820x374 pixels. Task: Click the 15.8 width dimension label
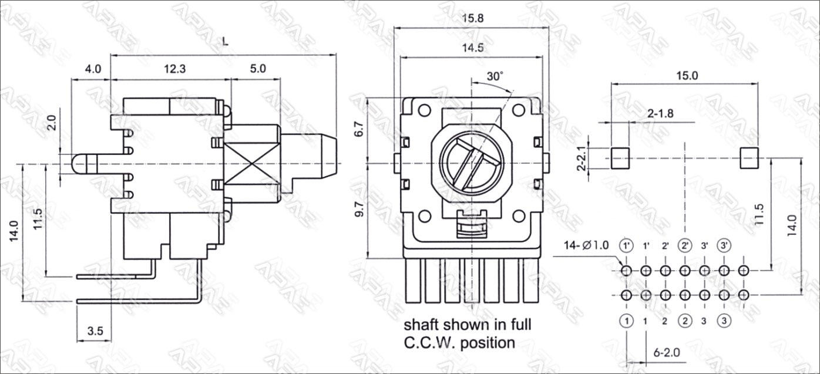pos(473,18)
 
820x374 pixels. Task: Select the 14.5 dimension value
pos(473,48)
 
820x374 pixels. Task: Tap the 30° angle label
pos(495,76)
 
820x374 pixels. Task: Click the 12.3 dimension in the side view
pos(175,69)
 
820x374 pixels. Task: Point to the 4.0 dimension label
pos(93,69)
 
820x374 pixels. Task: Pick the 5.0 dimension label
pos(258,69)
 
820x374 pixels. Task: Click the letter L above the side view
pos(226,41)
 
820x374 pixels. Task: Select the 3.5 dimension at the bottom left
pos(95,331)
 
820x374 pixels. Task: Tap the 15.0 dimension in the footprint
pos(687,76)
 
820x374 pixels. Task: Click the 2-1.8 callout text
pos(660,113)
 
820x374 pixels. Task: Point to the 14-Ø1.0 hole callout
pos(586,245)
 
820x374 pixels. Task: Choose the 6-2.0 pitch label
pos(667,352)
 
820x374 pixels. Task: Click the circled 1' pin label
pos(626,245)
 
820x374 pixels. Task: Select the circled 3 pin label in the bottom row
pos(724,321)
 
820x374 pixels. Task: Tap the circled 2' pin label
pos(685,245)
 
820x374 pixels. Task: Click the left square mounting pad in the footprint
pos(620,158)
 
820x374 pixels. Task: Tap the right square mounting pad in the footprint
pos(749,158)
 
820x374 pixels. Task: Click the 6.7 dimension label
pos(360,129)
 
